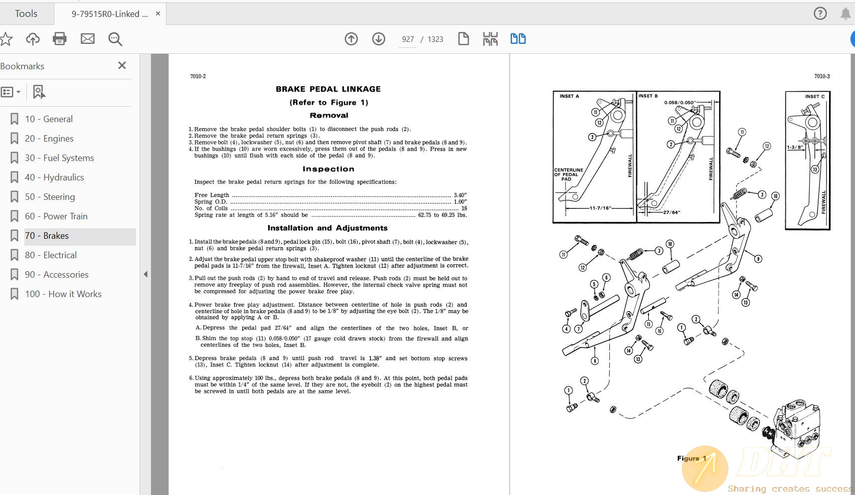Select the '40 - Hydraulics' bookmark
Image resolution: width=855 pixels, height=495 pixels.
click(54, 177)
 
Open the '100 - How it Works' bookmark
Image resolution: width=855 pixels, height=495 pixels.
click(63, 294)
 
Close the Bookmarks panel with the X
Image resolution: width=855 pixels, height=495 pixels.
click(122, 65)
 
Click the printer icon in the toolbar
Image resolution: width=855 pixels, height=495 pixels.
click(60, 39)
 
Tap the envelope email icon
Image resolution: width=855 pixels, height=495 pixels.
click(88, 39)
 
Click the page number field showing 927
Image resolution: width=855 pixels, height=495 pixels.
click(408, 39)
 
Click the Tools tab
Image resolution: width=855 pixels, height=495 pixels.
click(26, 13)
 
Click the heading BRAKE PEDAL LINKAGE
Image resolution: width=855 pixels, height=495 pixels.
click(328, 89)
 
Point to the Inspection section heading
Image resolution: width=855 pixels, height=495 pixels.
click(328, 169)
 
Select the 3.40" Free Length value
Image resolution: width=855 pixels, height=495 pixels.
click(460, 195)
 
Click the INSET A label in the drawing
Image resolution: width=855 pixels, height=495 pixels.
click(569, 96)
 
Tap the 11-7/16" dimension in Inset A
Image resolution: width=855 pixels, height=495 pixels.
click(600, 208)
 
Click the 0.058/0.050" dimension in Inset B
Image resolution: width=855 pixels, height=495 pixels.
click(680, 103)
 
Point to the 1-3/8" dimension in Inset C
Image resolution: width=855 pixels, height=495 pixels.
click(795, 147)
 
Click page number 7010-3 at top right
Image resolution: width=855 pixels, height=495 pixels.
click(822, 76)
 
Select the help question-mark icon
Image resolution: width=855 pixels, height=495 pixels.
click(820, 13)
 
